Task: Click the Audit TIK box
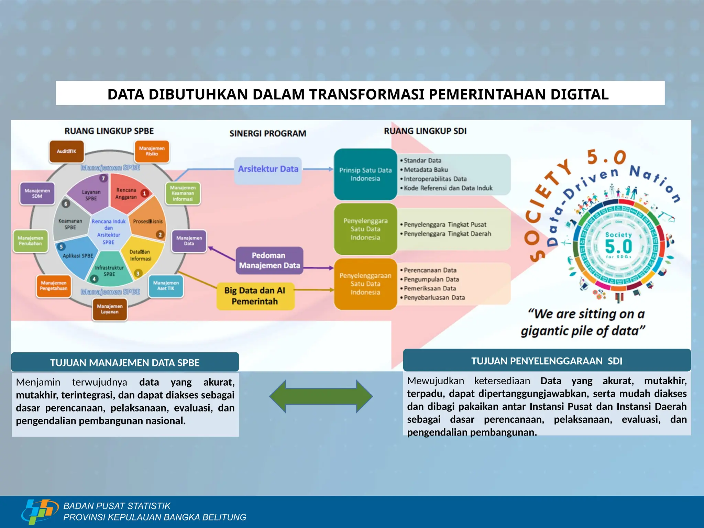(67, 151)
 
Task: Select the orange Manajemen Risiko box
(152, 151)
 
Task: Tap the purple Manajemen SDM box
(37, 194)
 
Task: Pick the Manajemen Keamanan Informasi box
(183, 193)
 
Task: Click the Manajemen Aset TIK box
(166, 286)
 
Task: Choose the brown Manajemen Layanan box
(110, 309)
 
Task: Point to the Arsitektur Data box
(268, 169)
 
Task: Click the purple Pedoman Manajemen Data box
(269, 261)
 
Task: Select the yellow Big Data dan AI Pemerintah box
(255, 296)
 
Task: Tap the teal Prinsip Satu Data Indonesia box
(365, 174)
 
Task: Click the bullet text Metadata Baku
(426, 170)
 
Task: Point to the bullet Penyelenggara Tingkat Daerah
(448, 234)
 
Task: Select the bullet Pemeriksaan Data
(430, 288)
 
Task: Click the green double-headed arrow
(321, 396)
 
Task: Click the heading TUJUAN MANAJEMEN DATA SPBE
(125, 363)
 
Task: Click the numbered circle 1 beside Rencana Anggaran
(144, 194)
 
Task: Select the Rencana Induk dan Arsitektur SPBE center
(109, 232)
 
